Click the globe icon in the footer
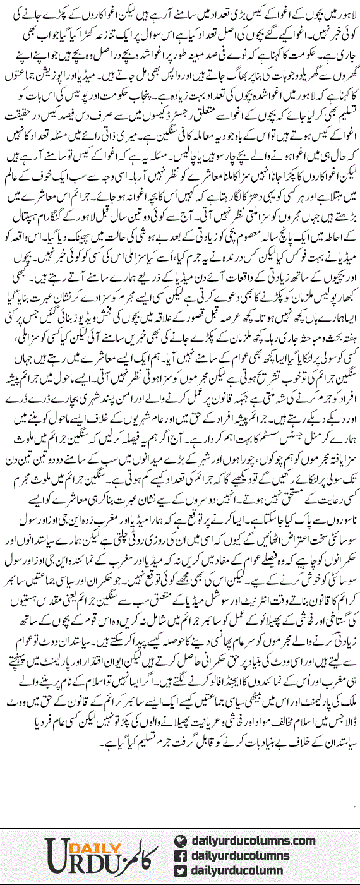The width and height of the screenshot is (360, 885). (181, 841)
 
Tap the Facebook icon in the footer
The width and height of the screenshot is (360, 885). (181, 856)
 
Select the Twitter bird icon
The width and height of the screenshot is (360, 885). (181, 871)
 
